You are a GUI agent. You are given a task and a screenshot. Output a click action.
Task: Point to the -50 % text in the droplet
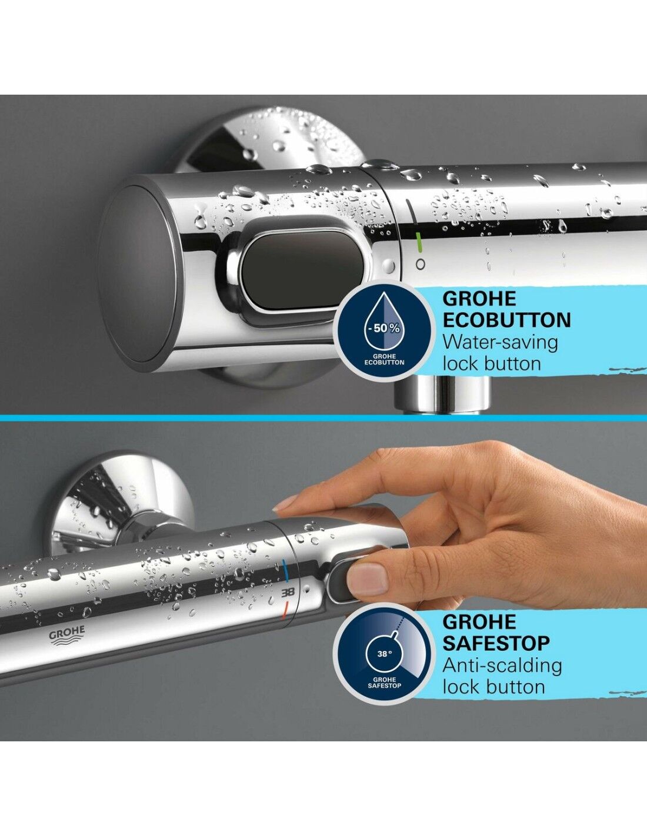382,329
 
